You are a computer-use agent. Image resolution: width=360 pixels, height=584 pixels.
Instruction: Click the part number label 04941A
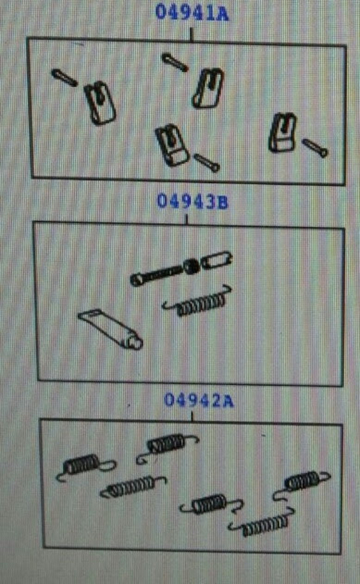tap(192, 11)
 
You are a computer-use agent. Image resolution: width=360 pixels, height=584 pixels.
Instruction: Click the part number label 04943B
tap(193, 201)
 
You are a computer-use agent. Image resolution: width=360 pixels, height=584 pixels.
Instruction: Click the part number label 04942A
tap(199, 400)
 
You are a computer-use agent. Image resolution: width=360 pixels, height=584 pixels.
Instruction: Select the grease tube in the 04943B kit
tap(110, 329)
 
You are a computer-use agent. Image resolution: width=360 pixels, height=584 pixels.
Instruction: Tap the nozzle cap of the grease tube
tap(136, 342)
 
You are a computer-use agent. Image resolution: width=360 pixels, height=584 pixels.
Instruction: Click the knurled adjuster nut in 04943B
tap(191, 266)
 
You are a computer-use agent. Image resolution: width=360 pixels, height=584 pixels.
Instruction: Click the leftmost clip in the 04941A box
tap(100, 102)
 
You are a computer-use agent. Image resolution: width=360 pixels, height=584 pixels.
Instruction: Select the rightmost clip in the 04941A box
tap(283, 133)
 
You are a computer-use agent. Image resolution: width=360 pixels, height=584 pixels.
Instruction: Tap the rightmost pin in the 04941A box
tap(315, 147)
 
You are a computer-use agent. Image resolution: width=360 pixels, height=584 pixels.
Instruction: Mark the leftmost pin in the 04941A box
tap(64, 77)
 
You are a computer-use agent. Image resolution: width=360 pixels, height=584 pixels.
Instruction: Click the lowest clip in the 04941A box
tap(172, 145)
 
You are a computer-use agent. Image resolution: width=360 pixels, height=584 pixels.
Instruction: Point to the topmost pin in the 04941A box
tap(175, 62)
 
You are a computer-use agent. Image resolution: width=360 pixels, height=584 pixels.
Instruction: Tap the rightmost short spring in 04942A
tap(301, 482)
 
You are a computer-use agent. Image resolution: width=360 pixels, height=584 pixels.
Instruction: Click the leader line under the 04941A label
tap(191, 35)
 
